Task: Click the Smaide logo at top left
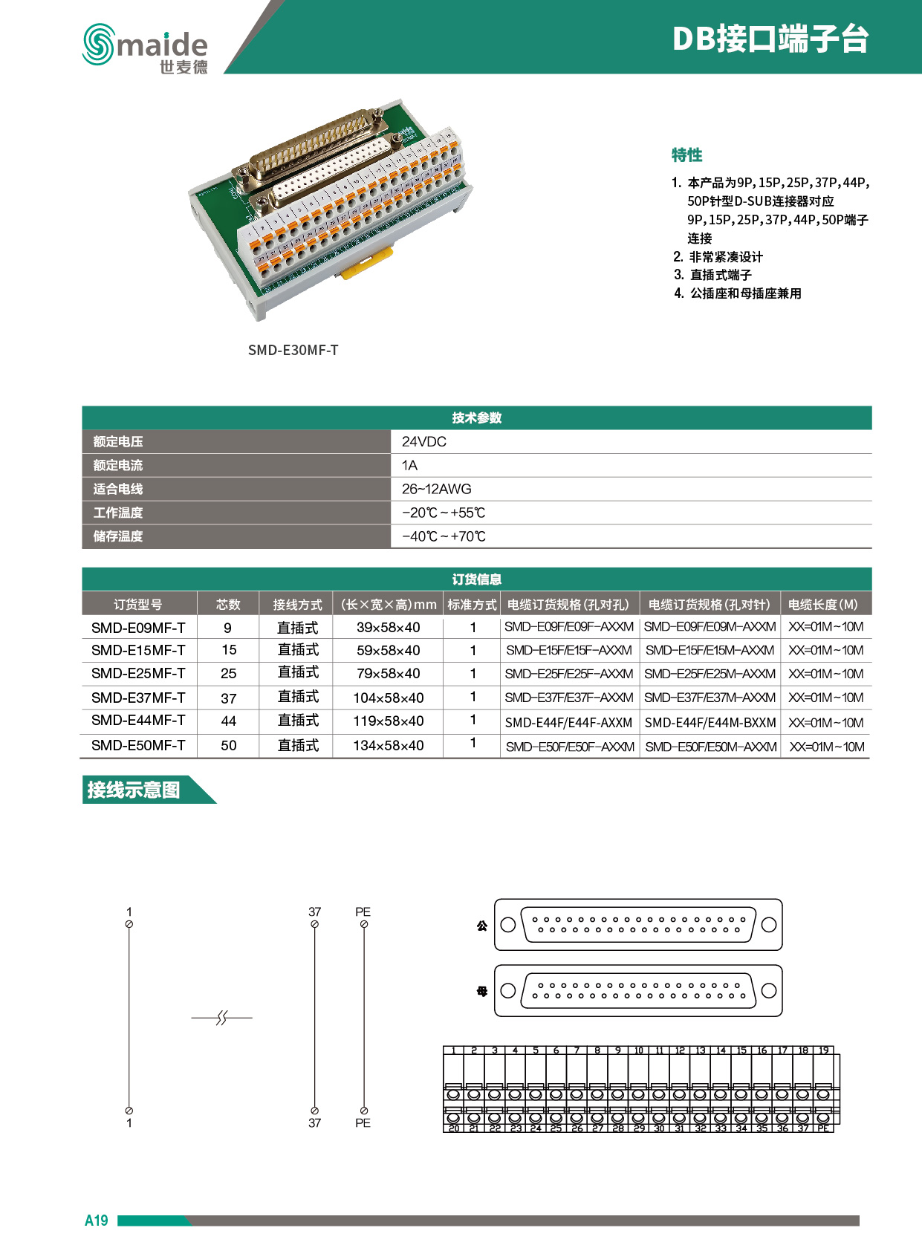click(145, 48)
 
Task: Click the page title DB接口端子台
click(770, 39)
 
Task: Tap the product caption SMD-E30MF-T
click(293, 350)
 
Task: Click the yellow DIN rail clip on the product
click(366, 264)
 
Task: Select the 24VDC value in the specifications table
click(424, 441)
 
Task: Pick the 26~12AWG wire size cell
click(437, 489)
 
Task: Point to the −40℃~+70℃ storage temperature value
click(444, 536)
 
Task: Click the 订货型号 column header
click(138, 604)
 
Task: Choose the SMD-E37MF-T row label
click(138, 698)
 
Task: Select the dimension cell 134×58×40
click(388, 745)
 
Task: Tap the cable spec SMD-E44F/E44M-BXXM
click(710, 722)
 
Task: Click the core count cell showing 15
click(229, 650)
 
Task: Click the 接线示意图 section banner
click(134, 790)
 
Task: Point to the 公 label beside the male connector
click(482, 926)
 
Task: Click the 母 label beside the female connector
click(482, 991)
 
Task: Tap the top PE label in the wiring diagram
click(363, 912)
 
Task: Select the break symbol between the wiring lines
click(221, 1018)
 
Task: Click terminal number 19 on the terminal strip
click(824, 1050)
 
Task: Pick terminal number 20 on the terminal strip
click(454, 1128)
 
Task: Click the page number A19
click(97, 1221)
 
